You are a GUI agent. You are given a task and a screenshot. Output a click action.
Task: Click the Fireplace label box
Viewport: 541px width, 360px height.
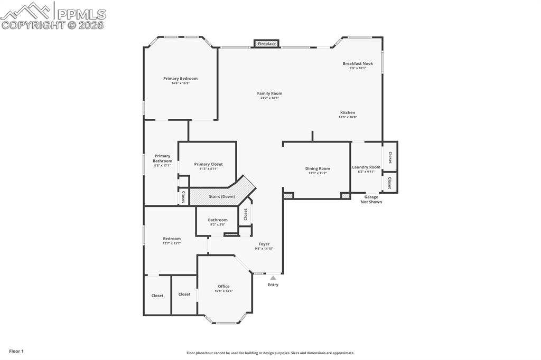[x=267, y=44]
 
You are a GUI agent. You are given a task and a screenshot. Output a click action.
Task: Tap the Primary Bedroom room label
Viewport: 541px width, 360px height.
[x=180, y=79]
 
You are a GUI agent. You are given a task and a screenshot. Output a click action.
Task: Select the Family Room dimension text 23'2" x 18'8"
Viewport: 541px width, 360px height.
[x=269, y=98]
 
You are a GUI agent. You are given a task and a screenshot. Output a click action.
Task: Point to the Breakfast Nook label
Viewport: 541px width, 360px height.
[x=358, y=63]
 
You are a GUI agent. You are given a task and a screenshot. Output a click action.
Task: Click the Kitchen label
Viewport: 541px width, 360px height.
[x=348, y=112]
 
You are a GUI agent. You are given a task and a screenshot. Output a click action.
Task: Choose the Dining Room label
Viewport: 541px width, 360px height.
[x=318, y=168]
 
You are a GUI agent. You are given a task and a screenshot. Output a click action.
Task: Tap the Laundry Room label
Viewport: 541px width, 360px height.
[x=366, y=167]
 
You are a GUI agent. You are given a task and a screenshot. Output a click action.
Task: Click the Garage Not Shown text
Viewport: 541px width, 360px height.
[x=371, y=200]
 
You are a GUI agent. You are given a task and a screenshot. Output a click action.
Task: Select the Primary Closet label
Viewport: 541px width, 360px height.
[x=209, y=164]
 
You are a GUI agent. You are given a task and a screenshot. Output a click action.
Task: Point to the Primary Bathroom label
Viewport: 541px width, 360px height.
[x=163, y=158]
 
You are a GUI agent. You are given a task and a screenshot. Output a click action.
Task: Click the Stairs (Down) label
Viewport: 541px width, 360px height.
[x=222, y=197]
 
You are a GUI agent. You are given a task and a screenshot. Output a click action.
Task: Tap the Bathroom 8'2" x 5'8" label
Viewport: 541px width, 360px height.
[x=218, y=220]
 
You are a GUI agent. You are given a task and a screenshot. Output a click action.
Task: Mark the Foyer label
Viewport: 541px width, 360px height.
[x=264, y=244]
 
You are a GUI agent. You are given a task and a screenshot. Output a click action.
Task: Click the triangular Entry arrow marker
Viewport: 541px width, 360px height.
[x=273, y=278]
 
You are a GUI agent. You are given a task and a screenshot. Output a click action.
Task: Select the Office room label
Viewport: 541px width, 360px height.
[x=223, y=286]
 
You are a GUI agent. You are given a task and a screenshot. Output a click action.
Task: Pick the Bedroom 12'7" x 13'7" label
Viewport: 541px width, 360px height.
[x=172, y=239]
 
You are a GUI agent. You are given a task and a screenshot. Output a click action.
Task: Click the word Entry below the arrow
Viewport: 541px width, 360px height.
[x=273, y=285]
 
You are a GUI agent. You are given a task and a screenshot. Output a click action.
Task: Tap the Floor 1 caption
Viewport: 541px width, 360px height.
[x=16, y=351]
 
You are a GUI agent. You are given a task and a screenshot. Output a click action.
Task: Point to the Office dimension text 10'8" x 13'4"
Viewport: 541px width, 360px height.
[x=223, y=291]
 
